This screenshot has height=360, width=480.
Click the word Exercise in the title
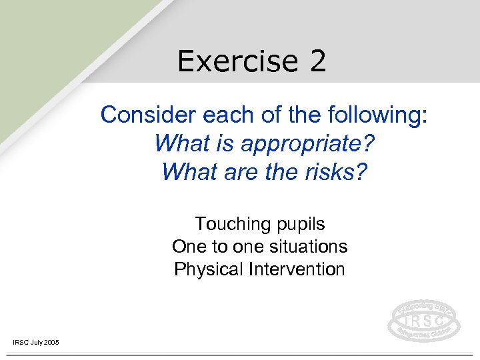point(229,61)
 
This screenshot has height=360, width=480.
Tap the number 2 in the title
point(317,61)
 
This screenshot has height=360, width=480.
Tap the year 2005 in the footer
point(51,342)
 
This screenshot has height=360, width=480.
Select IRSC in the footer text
point(20,342)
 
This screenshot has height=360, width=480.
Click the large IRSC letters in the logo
point(423,320)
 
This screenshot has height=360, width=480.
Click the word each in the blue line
point(209,115)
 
